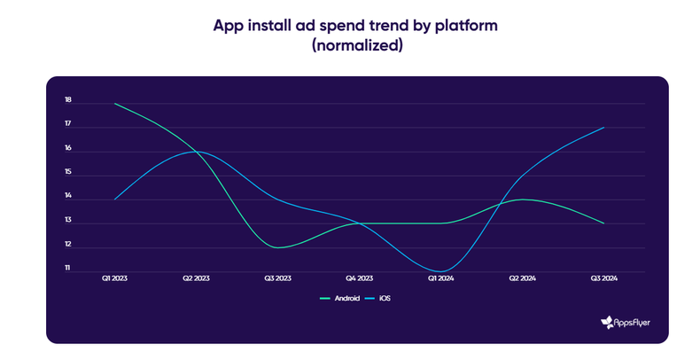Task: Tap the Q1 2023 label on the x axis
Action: [x=115, y=278]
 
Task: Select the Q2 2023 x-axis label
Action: [x=196, y=278]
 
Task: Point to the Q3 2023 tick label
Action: [x=277, y=278]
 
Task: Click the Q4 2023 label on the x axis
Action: [x=359, y=278]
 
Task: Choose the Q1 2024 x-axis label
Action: [x=440, y=278]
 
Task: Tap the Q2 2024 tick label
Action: [x=522, y=278]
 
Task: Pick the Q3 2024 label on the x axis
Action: [x=603, y=278]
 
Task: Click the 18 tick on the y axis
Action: [x=67, y=102]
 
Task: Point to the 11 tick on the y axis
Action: [x=67, y=269]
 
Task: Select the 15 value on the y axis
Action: [x=67, y=174]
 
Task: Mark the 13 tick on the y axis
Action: [x=67, y=222]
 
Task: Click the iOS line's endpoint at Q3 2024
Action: [x=604, y=128]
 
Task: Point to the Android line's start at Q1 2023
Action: [x=115, y=104]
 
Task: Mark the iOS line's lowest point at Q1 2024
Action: [x=440, y=270]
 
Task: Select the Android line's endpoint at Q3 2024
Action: [x=604, y=223]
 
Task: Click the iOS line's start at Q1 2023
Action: [x=115, y=199]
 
